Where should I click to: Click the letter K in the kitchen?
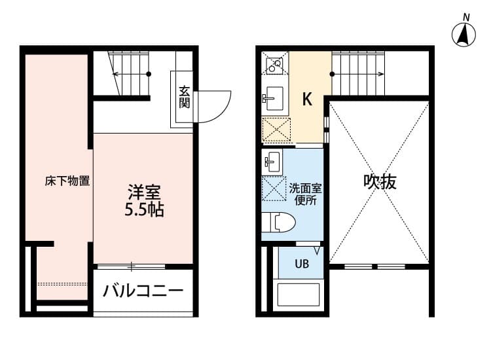306,99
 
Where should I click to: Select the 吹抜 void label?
380,182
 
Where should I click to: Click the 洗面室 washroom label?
305,189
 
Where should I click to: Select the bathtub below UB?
299,295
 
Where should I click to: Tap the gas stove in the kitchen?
274,64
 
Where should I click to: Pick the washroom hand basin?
272,161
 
